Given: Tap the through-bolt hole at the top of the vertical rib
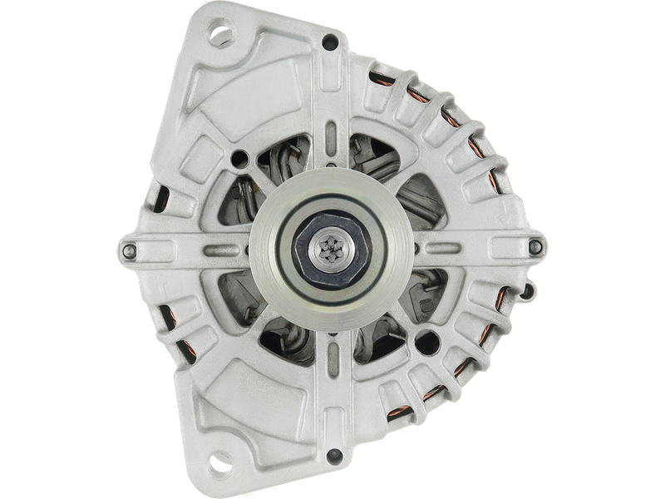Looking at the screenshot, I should pyautogui.click(x=332, y=39).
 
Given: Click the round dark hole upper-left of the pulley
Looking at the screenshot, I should pyautogui.click(x=241, y=156).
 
